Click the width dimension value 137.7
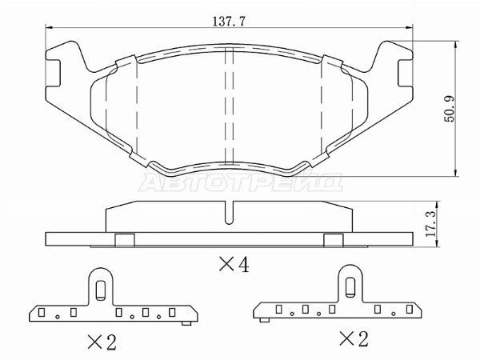click(228, 20)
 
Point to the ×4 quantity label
click(231, 264)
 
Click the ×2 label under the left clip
click(101, 342)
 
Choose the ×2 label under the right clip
click(353, 339)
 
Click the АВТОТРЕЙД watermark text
click(241, 183)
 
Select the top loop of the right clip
click(350, 280)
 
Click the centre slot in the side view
click(230, 213)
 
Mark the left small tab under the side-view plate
click(124, 241)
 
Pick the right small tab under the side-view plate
click(334, 241)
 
